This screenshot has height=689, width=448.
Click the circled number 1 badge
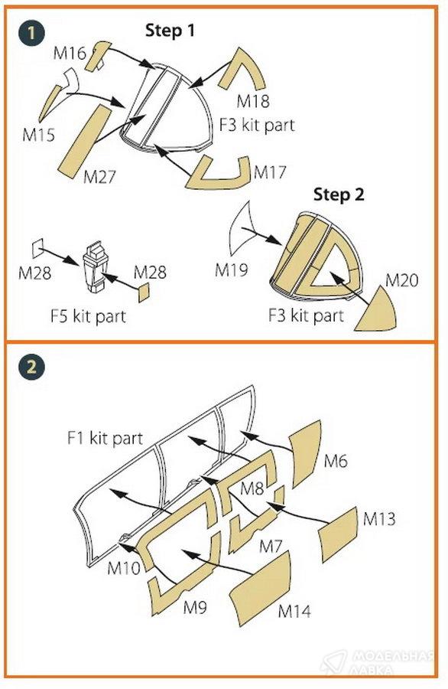[31, 33]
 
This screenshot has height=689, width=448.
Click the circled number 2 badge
[31, 366]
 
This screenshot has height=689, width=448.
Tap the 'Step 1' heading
[170, 31]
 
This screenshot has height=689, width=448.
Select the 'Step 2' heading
[339, 194]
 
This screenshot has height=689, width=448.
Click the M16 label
[70, 53]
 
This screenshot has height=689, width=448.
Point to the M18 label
[253, 101]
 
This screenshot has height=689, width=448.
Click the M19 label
[231, 269]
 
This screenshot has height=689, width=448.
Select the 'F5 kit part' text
[88, 316]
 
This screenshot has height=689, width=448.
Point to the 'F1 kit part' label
[105, 438]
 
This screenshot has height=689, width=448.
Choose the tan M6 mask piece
[305, 452]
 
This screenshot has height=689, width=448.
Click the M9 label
[195, 607]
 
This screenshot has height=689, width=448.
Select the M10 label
[124, 568]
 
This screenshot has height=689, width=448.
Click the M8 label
[252, 488]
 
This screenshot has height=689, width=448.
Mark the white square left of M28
[37, 249]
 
